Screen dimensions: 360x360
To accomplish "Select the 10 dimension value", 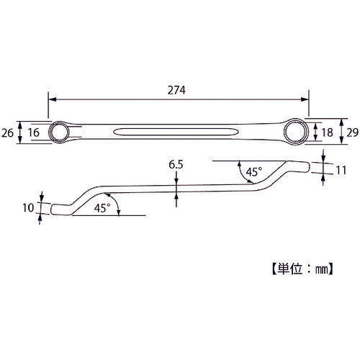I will [x=28, y=208].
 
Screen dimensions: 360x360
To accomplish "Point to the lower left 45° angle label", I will [x=102, y=207].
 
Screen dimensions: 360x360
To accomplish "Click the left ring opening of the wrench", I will [x=57, y=131].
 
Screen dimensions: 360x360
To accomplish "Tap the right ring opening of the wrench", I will [x=297, y=130].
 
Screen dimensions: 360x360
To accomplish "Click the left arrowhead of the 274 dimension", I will [x=51, y=101].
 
